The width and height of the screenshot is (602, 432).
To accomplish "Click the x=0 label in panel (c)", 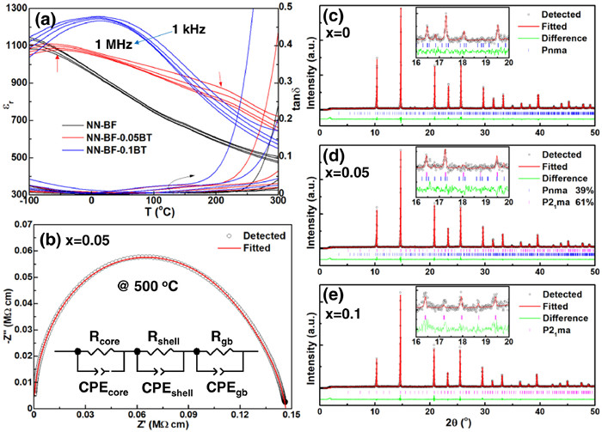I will [x=347, y=46].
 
